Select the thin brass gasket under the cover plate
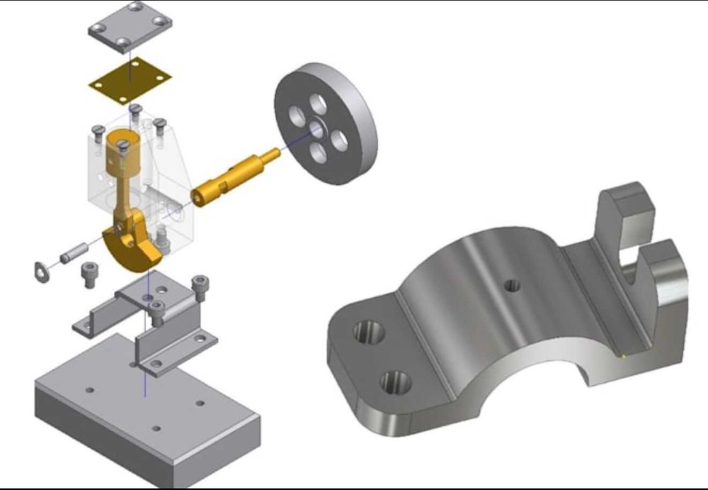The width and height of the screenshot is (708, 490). [x=130, y=79]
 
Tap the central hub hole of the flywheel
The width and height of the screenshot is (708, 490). [x=316, y=129]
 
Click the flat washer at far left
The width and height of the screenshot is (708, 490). [x=42, y=271]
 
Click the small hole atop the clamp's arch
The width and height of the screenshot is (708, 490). [x=512, y=286]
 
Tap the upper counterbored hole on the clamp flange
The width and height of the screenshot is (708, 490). [x=369, y=331]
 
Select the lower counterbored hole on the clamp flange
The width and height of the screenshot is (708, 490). [x=395, y=384]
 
